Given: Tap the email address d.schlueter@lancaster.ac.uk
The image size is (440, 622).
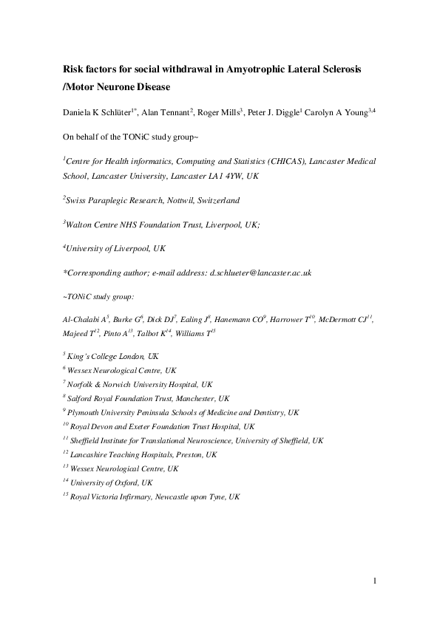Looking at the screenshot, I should [261, 273].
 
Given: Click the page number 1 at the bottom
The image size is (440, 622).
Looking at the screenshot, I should [375, 581].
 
